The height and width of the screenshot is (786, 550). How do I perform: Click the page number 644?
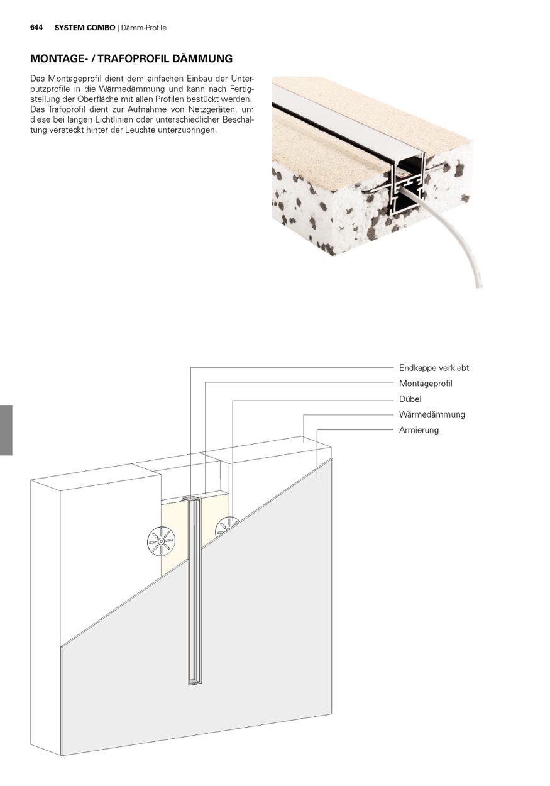tap(36, 28)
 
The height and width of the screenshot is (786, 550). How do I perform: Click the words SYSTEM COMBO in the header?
tap(84, 28)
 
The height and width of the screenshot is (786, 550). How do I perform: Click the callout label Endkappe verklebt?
tap(434, 368)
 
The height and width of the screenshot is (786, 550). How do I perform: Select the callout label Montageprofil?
tap(426, 384)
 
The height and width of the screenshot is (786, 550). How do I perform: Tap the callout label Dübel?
tap(410, 399)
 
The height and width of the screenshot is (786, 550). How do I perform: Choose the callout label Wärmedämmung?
tap(432, 414)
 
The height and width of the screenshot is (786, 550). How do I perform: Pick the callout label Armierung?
tap(419, 430)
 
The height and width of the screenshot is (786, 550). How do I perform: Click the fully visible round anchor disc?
tap(161, 542)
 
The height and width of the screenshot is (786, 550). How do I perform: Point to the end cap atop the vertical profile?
tap(192, 499)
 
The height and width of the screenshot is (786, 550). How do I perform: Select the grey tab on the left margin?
tap(6, 430)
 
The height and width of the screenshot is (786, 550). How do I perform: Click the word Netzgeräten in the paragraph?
tap(211, 109)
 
